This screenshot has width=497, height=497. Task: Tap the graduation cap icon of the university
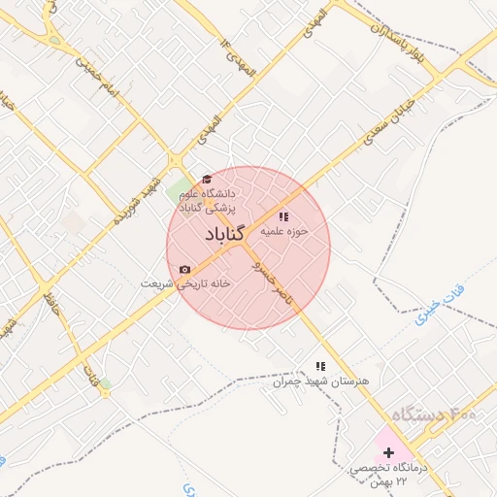coord(206,179)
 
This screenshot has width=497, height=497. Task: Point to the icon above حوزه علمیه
coord(283,216)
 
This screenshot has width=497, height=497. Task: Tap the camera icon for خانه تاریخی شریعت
coord(184,269)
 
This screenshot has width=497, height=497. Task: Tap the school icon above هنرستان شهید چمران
coord(319,366)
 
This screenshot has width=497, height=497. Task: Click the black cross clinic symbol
coord(389,452)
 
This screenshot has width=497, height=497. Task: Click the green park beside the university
coord(179,190)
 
